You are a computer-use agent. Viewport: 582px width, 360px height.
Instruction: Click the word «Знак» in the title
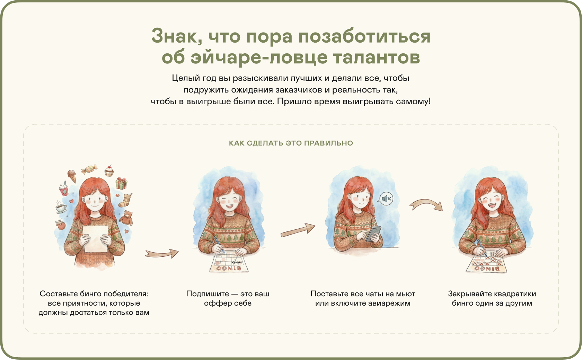point(177,36)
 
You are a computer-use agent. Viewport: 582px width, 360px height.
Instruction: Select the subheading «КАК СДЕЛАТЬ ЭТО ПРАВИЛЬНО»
point(291,143)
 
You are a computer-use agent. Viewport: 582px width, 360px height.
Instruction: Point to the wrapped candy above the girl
point(89,169)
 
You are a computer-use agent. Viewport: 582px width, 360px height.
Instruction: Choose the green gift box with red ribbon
point(121,183)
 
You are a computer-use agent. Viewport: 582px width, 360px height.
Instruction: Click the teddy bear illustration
point(126,218)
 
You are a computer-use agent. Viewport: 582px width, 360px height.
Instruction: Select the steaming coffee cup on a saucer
point(61,207)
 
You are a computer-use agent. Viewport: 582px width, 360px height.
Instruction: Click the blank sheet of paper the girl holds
point(95,239)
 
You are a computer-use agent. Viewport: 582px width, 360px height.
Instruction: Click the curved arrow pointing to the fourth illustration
point(426,204)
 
